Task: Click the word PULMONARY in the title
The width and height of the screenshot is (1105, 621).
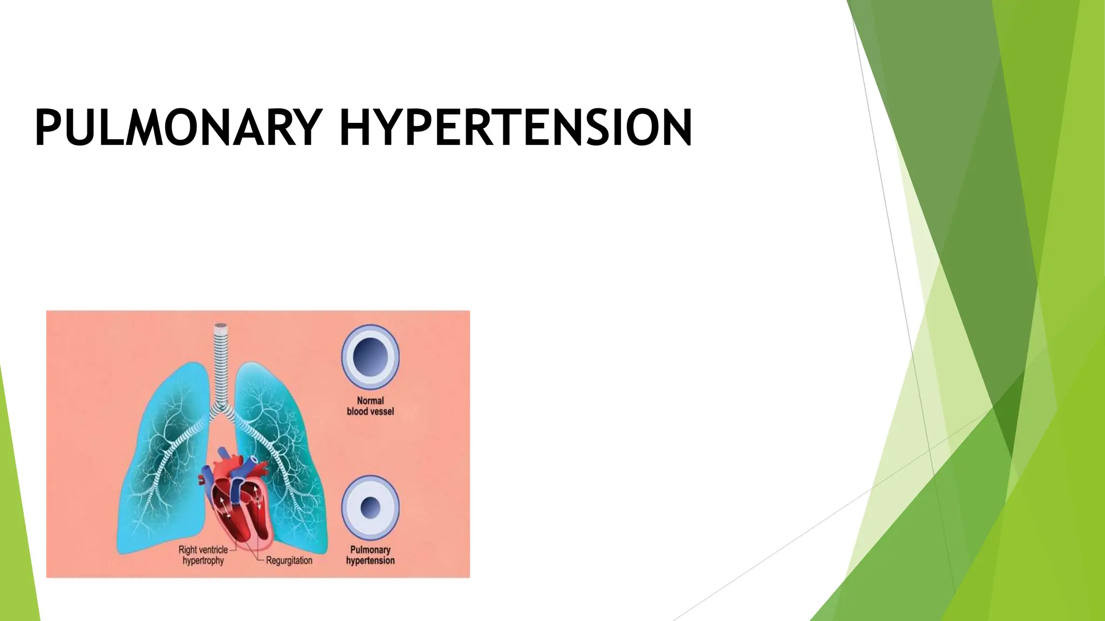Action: click(178, 128)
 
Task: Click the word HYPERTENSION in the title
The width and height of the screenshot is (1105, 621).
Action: click(515, 128)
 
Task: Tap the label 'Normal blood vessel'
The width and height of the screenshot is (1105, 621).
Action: click(370, 406)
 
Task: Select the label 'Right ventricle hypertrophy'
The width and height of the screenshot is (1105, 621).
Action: click(203, 555)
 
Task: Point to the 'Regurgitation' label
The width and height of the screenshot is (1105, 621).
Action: click(289, 561)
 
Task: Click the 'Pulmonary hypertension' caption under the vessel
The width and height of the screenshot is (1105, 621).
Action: click(370, 555)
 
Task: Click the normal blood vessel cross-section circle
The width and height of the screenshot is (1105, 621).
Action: click(370, 357)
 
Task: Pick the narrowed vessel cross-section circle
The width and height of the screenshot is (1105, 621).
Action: click(370, 507)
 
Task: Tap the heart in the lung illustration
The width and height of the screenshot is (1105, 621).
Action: click(237, 496)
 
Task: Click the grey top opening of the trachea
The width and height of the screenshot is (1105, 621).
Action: click(221, 326)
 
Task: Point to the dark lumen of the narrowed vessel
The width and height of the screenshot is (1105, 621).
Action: click(370, 507)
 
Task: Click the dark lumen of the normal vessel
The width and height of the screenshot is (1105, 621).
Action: click(370, 357)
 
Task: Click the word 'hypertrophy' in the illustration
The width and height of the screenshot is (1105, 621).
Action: click(203, 561)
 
